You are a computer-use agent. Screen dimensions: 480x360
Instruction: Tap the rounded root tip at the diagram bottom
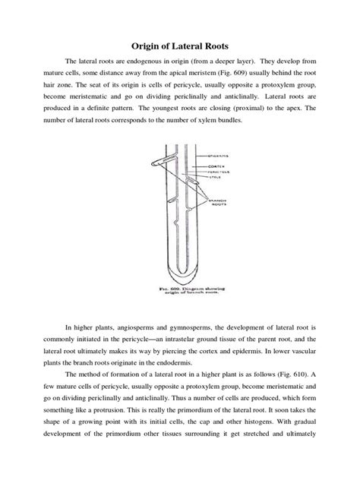[181, 278]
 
